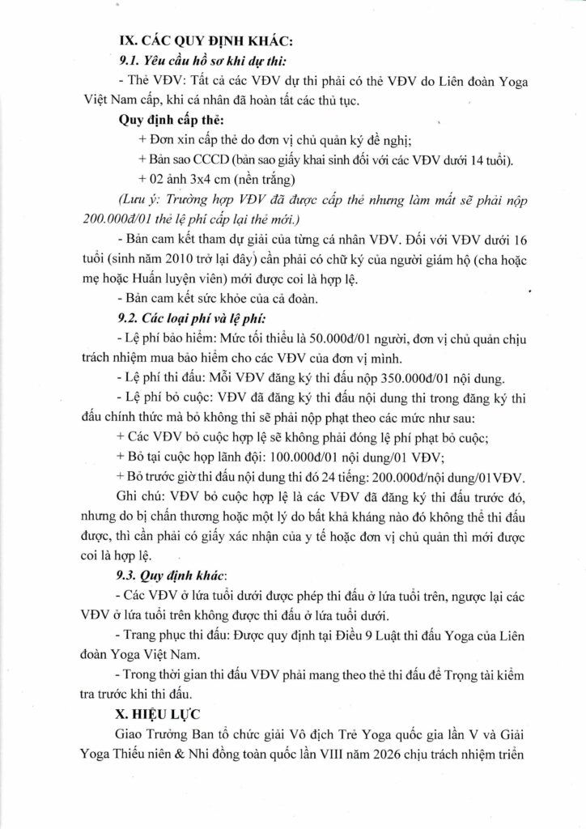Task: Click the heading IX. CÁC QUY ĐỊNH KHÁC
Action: click(186, 40)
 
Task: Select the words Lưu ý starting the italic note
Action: click(137, 198)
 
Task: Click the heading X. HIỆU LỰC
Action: click(164, 716)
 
